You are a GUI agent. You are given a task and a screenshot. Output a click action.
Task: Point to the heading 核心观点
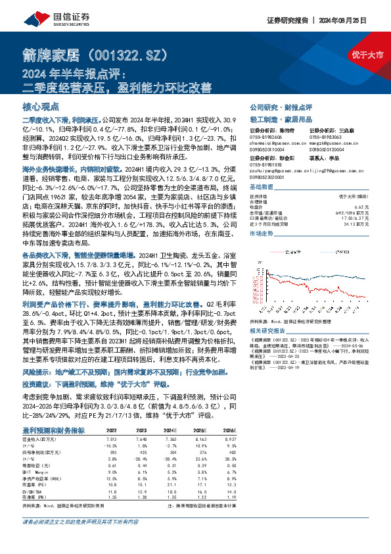pyautogui.click(x=41, y=106)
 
